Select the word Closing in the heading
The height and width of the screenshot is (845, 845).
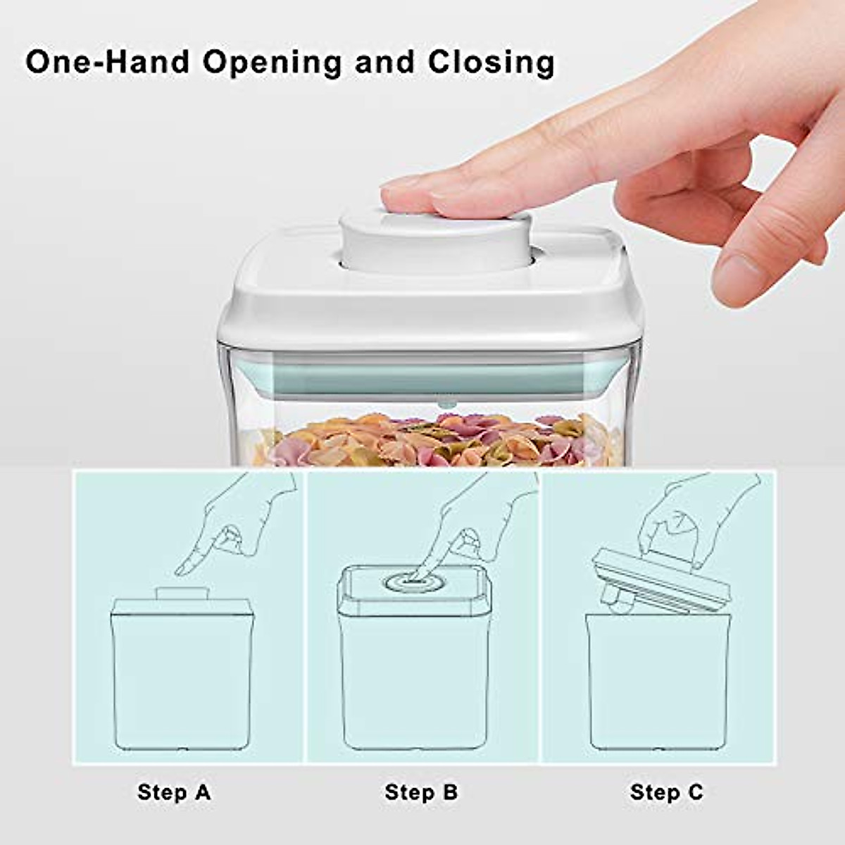(491, 63)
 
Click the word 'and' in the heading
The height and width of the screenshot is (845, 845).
(384, 61)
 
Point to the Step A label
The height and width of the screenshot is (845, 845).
(174, 792)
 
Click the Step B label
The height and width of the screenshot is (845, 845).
(421, 792)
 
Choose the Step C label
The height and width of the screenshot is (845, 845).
(666, 792)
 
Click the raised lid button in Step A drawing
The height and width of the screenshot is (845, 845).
(179, 593)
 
